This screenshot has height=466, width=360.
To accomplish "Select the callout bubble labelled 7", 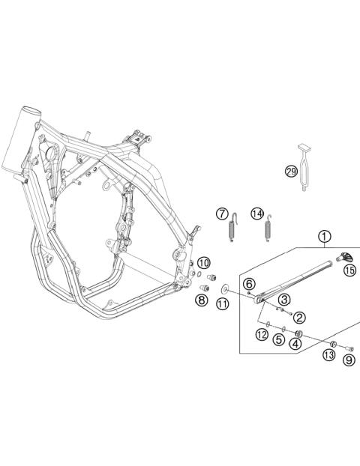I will tap(223, 214).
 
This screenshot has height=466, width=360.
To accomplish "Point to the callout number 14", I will tap(256, 214).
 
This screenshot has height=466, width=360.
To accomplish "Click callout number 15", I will tap(349, 270).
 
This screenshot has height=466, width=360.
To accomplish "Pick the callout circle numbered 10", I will tap(204, 263).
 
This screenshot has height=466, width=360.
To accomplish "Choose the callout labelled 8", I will tap(201, 300).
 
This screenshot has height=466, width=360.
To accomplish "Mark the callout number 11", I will tap(223, 303).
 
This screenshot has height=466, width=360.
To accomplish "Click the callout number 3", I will tap(284, 300).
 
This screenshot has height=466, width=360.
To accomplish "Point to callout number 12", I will tap(262, 334).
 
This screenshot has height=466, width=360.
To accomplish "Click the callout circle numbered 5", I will tap(278, 339).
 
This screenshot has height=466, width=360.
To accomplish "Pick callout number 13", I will tap(328, 354).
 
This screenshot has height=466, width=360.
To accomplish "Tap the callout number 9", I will tap(349, 360).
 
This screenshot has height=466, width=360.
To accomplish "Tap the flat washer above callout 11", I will tap(223, 286).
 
